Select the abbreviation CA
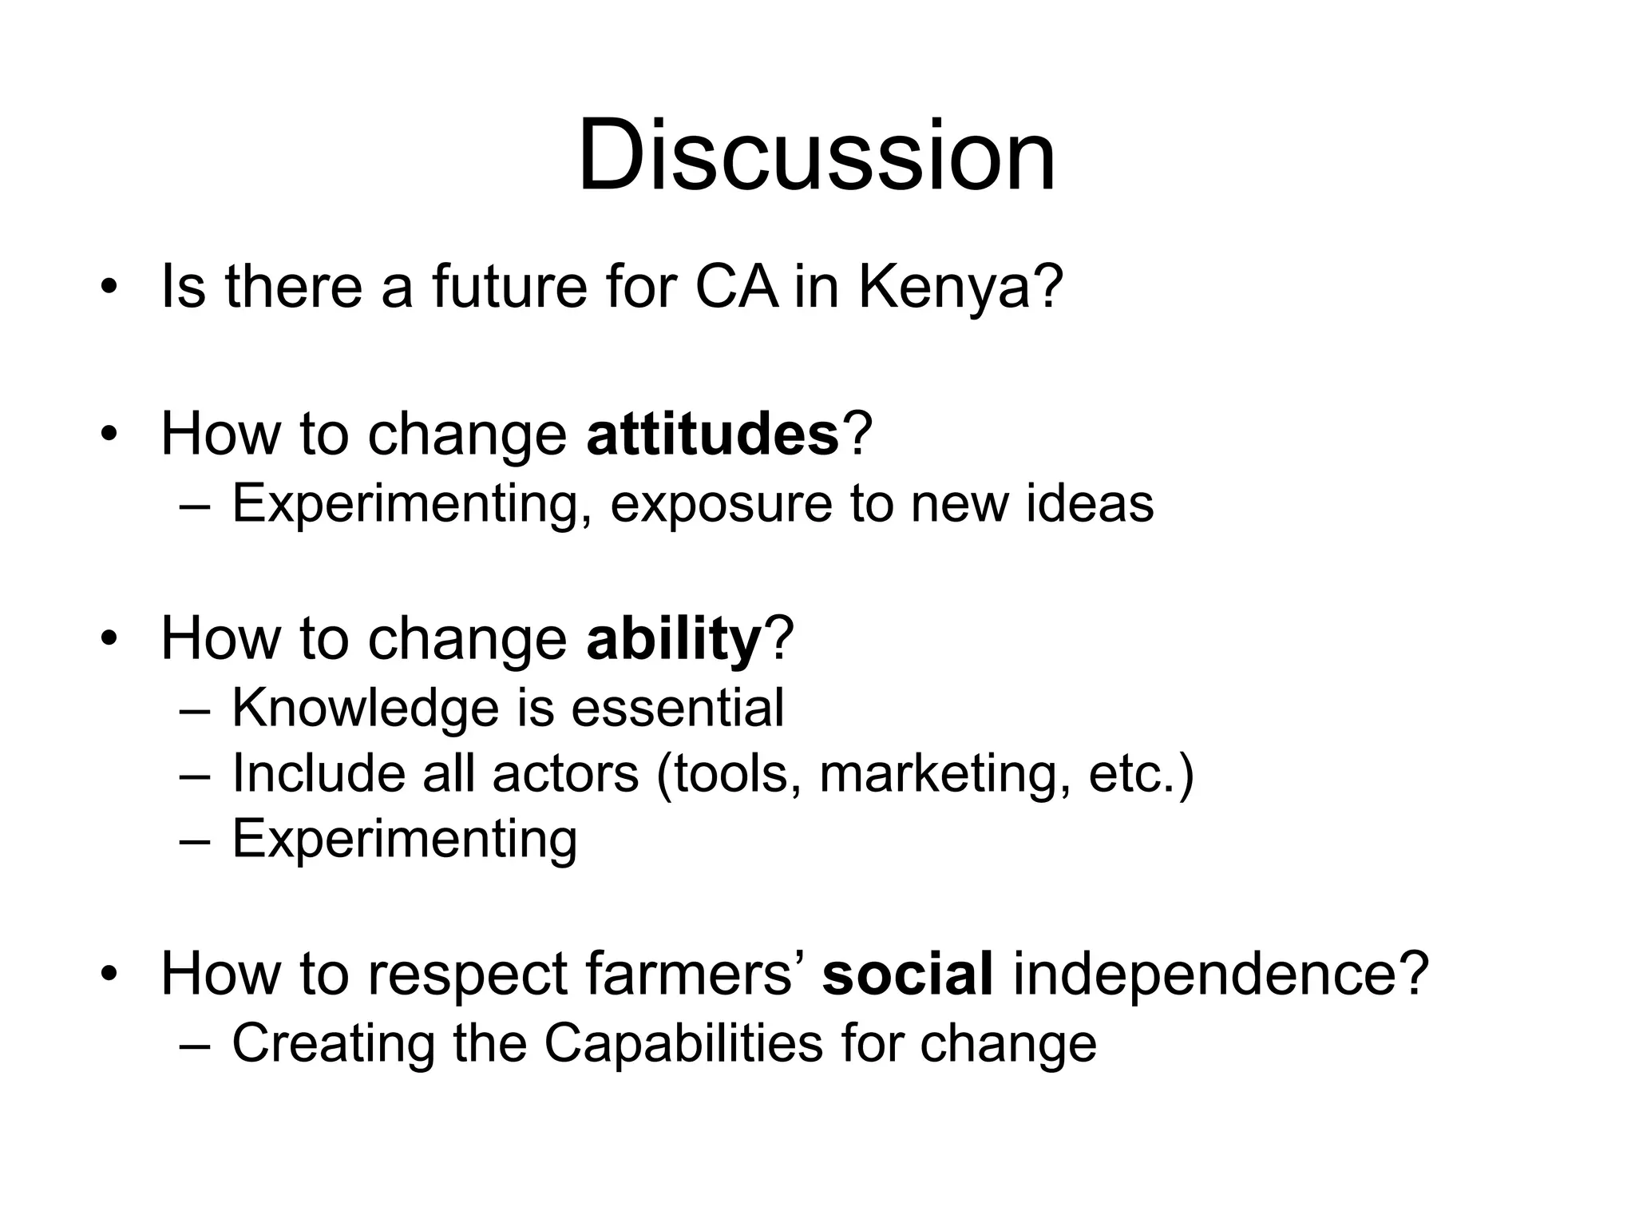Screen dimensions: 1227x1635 736,287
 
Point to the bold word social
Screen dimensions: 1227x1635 908,974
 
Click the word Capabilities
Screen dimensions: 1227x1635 683,1043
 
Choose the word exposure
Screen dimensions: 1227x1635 721,504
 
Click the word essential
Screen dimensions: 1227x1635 678,709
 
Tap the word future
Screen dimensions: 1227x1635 509,287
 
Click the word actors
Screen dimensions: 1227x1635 565,774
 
